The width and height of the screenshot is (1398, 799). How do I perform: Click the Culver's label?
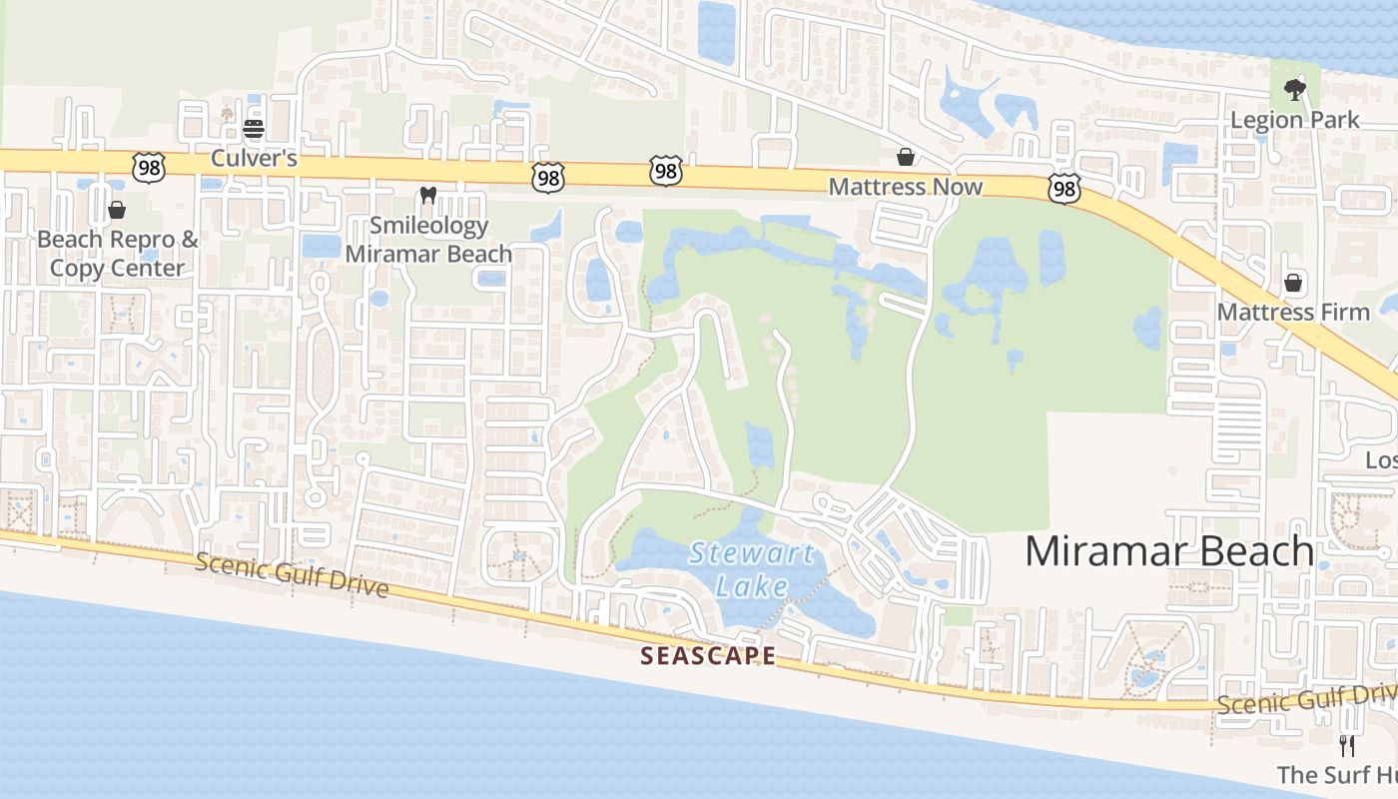tap(254, 158)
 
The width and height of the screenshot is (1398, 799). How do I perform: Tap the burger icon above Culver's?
tap(253, 129)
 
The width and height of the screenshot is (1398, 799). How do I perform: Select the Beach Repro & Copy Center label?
tap(118, 254)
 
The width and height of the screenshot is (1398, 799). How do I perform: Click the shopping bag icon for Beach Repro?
tap(117, 210)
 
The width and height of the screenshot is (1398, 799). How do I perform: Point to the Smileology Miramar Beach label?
tap(428, 240)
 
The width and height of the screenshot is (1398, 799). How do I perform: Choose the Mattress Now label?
tap(906, 187)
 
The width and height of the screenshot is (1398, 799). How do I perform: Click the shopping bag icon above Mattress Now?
tap(906, 157)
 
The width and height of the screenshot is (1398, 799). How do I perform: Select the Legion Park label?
tap(1294, 120)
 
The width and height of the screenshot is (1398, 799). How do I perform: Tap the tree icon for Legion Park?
tap(1294, 90)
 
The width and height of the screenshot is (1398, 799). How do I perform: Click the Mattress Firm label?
tap(1293, 312)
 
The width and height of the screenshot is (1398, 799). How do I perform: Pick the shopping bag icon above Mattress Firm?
tap(1293, 283)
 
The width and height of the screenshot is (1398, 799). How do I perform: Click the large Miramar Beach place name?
tap(1169, 551)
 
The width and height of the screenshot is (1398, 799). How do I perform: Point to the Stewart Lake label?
tap(752, 569)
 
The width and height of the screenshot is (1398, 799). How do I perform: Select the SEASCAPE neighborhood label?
tap(708, 656)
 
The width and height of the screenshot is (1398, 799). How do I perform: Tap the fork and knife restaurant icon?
tap(1347, 745)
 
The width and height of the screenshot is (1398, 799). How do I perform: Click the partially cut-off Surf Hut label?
tap(1337, 774)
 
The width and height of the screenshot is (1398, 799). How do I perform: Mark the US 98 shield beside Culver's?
tap(149, 167)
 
